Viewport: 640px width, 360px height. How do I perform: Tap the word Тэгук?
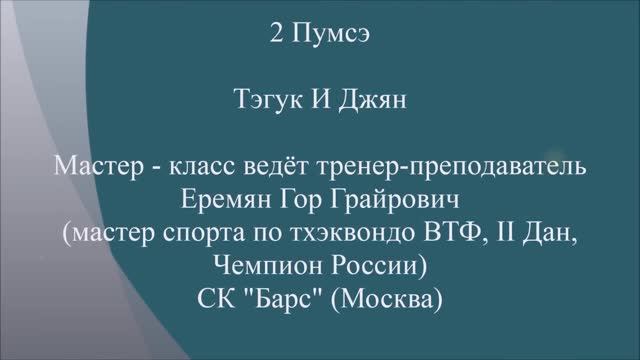pyautogui.click(x=262, y=101)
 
